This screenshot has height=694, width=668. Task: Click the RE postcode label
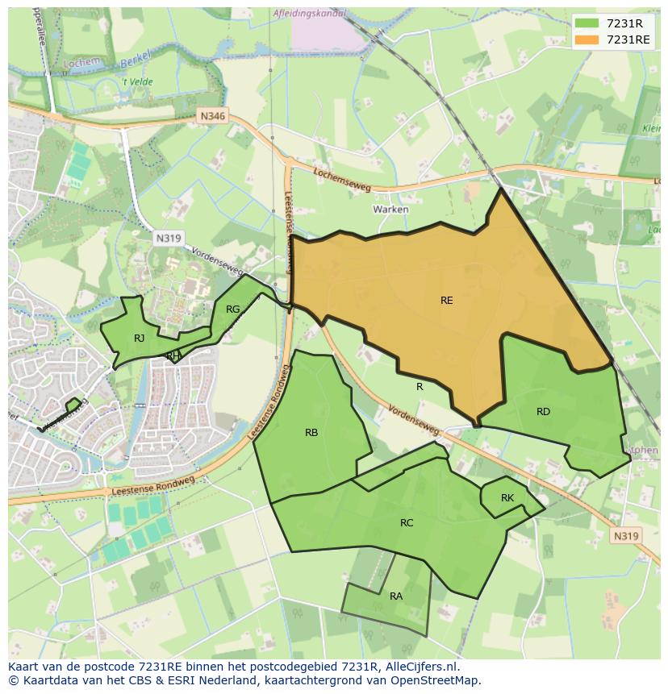(446, 301)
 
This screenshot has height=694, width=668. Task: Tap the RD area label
(543, 412)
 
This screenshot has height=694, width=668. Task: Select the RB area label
(311, 433)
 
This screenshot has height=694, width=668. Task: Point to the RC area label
(407, 523)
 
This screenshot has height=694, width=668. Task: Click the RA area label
(396, 596)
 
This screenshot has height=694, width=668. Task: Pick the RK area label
(507, 498)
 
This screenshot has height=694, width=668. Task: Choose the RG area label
(233, 310)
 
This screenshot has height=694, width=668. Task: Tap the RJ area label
(140, 339)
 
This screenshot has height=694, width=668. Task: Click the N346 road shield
(213, 116)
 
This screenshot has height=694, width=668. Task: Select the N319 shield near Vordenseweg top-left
(168, 238)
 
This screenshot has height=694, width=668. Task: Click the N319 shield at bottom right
(626, 536)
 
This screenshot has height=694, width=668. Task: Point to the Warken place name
(390, 210)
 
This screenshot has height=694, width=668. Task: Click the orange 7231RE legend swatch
(587, 39)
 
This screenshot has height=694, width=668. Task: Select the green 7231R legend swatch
(587, 23)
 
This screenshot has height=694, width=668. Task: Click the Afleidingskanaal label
(309, 14)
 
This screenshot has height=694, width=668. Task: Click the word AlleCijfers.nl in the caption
(420, 667)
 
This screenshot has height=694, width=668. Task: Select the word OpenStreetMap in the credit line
(436, 680)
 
